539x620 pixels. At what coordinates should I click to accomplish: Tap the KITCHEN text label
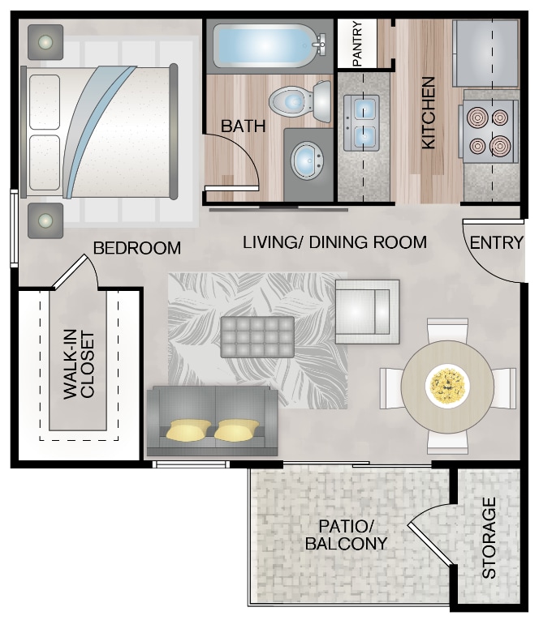click(x=428, y=113)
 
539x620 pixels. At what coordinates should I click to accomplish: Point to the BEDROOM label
click(x=136, y=248)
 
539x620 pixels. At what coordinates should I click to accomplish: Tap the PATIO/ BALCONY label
click(x=346, y=534)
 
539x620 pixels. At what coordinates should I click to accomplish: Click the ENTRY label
click(x=496, y=242)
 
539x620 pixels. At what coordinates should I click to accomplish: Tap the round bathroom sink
click(x=307, y=161)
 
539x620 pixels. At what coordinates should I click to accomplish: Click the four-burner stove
click(x=490, y=132)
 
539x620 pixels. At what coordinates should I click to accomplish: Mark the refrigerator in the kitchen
click(x=486, y=53)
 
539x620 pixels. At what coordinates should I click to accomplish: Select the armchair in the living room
click(x=367, y=312)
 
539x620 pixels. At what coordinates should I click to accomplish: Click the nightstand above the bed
click(x=45, y=41)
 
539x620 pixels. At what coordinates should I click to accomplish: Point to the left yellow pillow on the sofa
click(x=189, y=430)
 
